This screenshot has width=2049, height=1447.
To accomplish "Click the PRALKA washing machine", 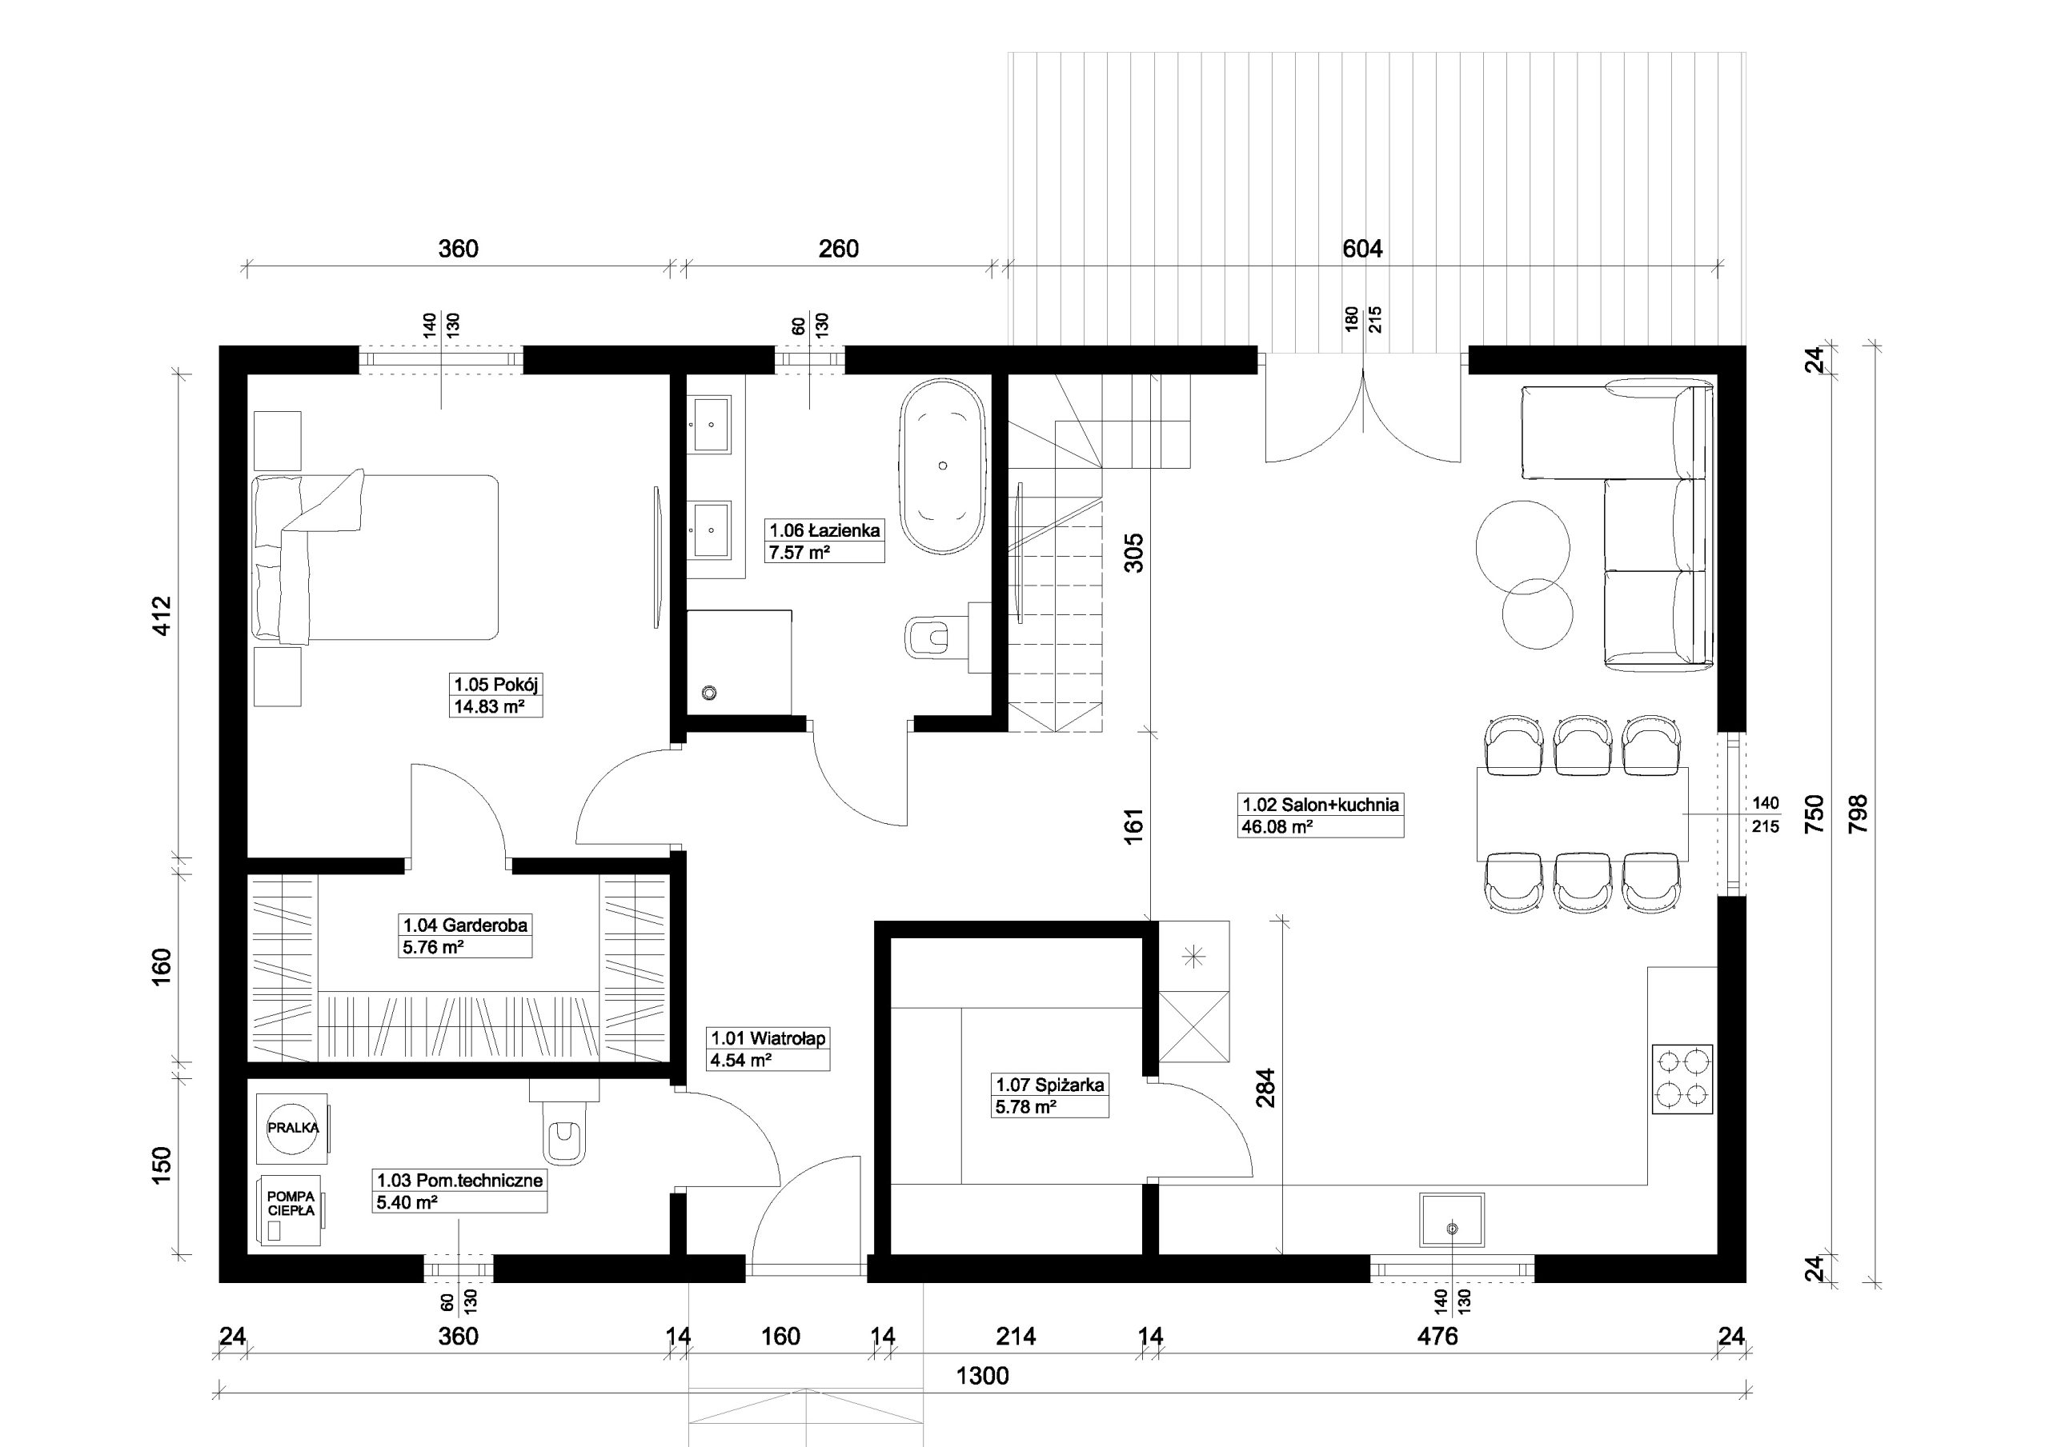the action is [293, 1129].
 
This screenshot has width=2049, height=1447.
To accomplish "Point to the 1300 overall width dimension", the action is [983, 1376].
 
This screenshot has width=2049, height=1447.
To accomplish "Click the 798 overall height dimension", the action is [1858, 813].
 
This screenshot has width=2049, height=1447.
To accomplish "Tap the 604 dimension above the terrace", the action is [1363, 249].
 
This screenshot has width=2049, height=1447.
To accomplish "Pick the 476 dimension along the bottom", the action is [1438, 1336].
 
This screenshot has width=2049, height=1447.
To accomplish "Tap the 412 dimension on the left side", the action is [162, 616].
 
